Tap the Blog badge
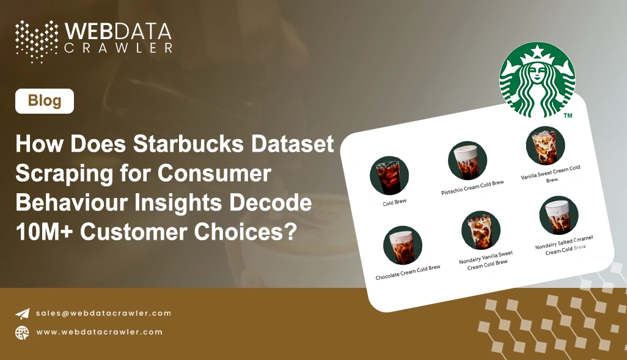45,101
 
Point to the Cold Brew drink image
389,175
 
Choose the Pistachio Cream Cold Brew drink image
468,160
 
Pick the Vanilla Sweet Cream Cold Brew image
545,145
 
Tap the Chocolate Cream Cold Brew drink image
403,244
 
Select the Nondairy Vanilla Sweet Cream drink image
481,230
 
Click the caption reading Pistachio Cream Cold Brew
473,187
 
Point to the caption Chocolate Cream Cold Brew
408,272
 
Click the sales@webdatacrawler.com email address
103,313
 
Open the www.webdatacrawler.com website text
99,332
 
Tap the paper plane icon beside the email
23,314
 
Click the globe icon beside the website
23,332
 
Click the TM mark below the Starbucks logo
568,116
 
